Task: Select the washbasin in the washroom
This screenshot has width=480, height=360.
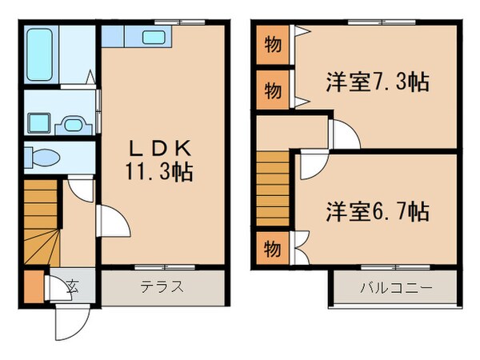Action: click(72, 124)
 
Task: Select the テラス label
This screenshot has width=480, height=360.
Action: click(162, 286)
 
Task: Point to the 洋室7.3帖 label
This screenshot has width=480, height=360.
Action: click(377, 82)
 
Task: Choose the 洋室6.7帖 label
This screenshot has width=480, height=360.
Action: click(377, 211)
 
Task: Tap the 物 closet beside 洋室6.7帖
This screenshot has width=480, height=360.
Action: click(273, 248)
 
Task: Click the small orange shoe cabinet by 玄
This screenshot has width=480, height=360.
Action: click(33, 286)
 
